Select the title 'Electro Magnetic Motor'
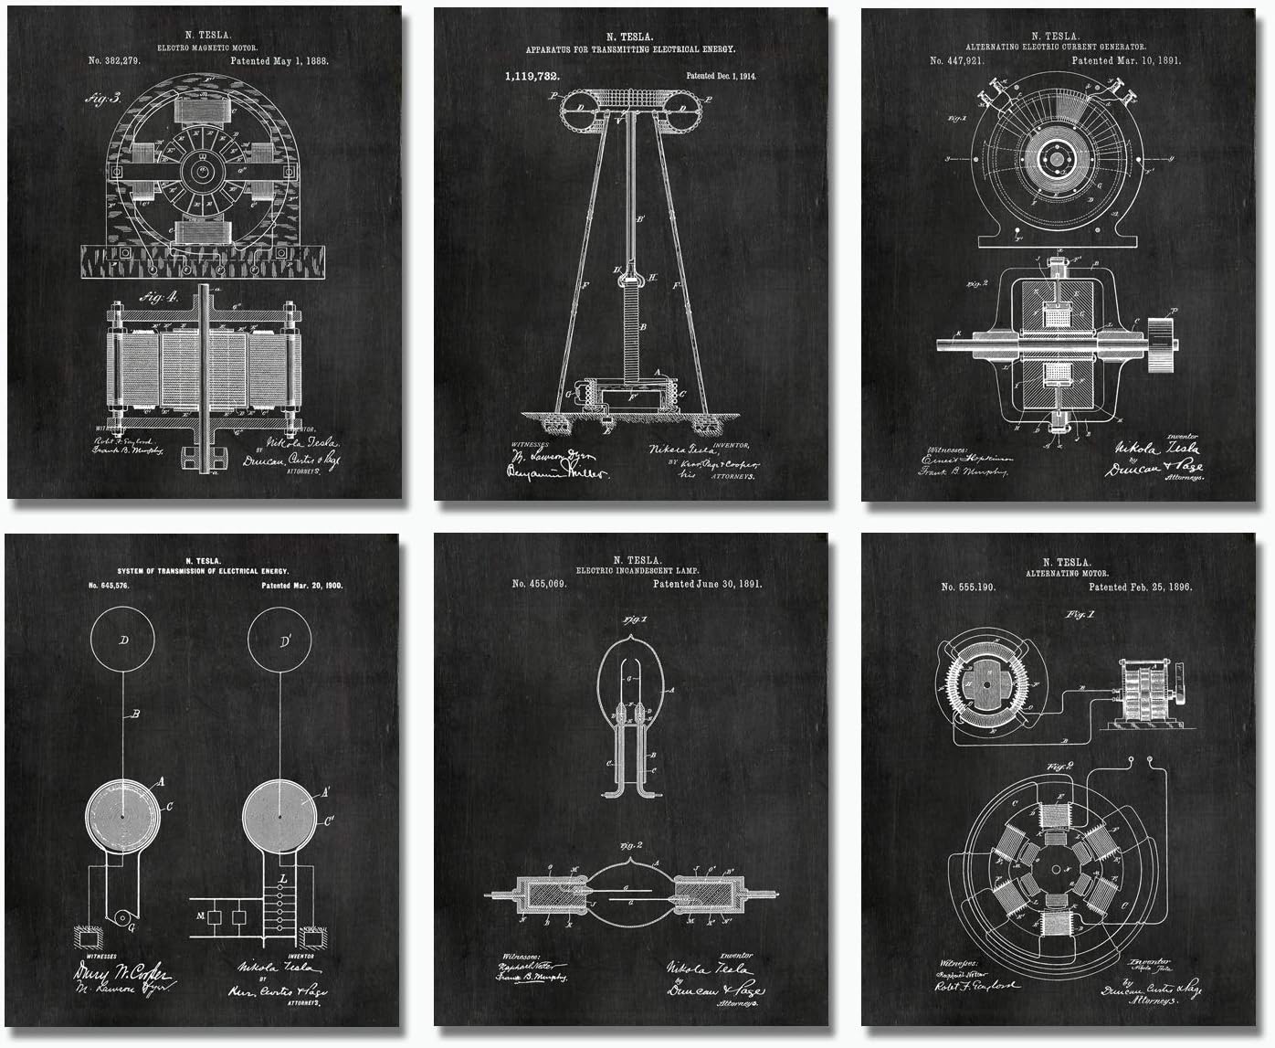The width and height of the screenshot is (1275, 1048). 207,47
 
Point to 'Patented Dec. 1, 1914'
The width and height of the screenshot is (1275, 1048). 722,77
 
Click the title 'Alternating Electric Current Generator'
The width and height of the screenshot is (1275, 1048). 1057,46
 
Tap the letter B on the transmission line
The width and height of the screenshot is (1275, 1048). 136,715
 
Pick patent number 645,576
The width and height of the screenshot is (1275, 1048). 109,585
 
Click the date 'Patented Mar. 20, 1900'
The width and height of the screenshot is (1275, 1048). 301,585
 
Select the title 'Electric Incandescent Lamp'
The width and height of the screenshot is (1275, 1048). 631,570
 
